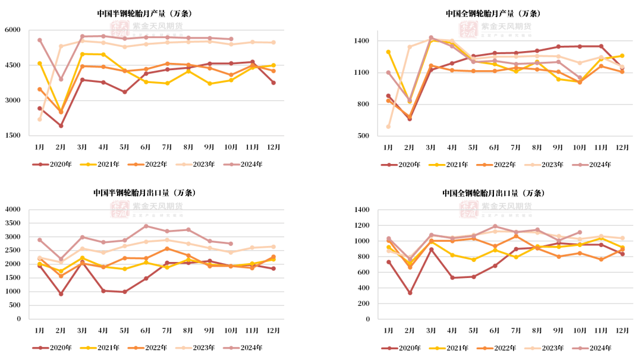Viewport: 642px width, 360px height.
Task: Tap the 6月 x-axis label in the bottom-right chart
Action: pos(494,330)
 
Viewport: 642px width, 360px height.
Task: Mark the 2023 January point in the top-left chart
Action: pos(39,119)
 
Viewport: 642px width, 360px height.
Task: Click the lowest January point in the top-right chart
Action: pos(388,126)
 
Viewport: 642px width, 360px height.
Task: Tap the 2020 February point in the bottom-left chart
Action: pos(61,293)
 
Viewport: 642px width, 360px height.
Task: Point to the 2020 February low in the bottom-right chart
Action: pos(410,292)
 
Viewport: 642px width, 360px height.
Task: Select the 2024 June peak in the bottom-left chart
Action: pos(146,226)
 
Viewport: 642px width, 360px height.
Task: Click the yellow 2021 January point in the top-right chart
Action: pos(388,52)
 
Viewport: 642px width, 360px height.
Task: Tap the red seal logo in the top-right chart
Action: pos(468,28)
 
